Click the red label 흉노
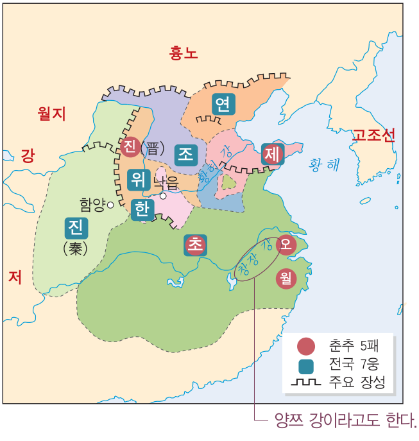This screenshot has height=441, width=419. coord(184,53)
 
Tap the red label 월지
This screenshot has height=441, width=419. coord(52,114)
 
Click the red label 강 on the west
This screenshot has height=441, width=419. coord(28,156)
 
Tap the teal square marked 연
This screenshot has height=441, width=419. coord(223,103)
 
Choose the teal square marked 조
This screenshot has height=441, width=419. coord(185,154)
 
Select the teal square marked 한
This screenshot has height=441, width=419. coord(142,209)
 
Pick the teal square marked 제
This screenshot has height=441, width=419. coord(273,153)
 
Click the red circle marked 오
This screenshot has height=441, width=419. coord(286,244)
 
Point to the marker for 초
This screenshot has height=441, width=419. coord(196,245)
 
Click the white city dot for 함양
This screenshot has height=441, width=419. coord(110,205)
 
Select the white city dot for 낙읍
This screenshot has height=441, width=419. coord(163,196)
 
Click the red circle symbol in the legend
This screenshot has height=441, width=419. coord(306,347)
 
